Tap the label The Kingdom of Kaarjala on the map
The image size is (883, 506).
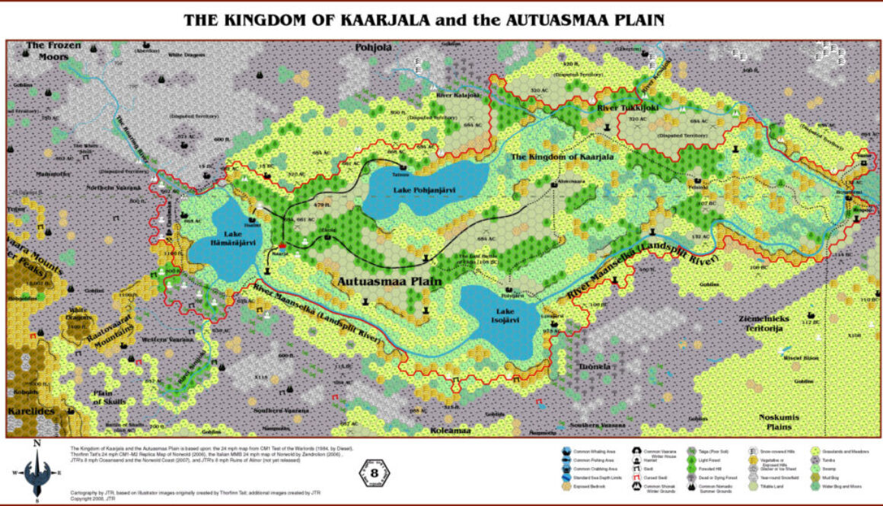click(x=561, y=157)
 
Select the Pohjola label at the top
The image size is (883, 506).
click(x=373, y=47)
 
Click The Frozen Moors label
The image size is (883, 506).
click(x=53, y=50)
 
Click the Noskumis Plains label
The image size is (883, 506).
click(x=786, y=422)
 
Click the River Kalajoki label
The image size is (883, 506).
click(x=457, y=96)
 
